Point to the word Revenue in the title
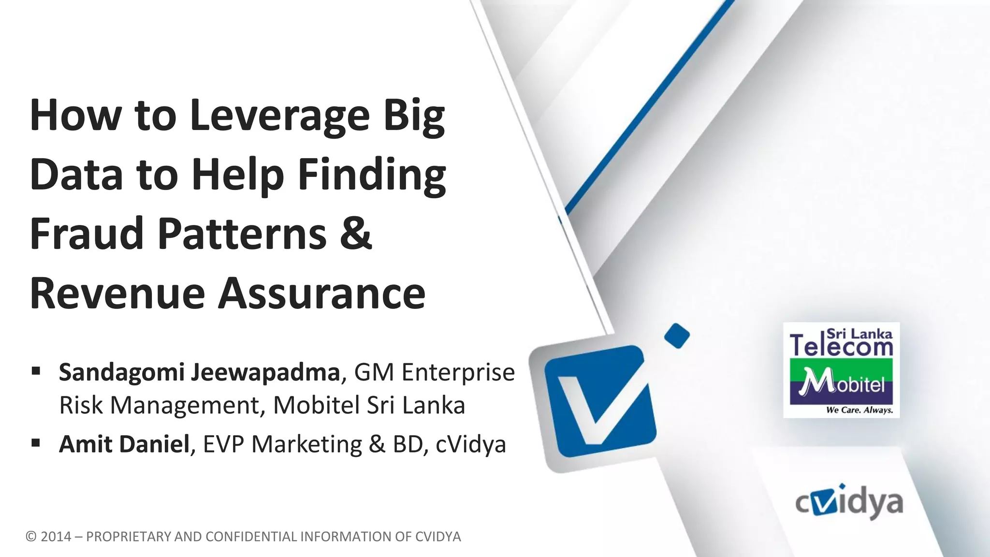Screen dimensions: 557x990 [x=117, y=293]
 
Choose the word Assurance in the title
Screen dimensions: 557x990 [x=321, y=293]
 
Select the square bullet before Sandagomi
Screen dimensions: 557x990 [x=35, y=371]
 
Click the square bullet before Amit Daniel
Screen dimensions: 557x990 [x=35, y=442]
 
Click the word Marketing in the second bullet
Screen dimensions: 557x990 [x=306, y=444]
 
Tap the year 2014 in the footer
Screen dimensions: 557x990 [x=56, y=537]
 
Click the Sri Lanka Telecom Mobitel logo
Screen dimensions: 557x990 [x=841, y=370]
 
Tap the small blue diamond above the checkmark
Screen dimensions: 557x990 [x=677, y=336]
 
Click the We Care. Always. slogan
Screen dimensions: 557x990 [x=859, y=410]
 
